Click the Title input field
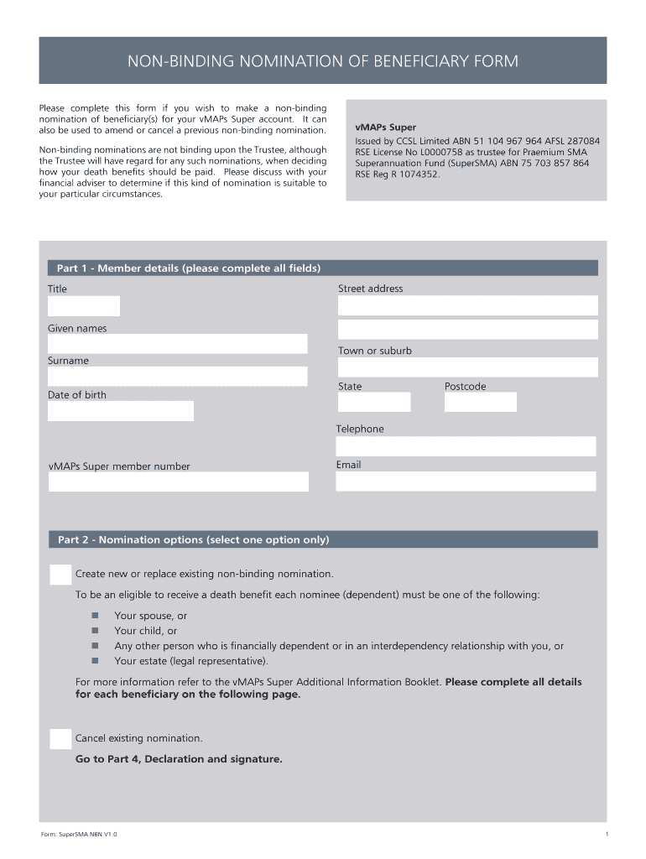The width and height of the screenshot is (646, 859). (84, 306)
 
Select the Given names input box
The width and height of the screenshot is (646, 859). (178, 344)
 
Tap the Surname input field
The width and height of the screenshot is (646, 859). (178, 376)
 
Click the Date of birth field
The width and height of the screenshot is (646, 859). (120, 411)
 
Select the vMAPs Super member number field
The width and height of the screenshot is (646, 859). (178, 482)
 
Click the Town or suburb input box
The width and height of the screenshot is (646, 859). (467, 367)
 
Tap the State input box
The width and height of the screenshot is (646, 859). (374, 403)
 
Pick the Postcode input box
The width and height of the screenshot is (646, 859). (480, 403)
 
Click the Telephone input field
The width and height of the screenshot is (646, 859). (466, 446)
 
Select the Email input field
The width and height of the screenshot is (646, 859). (466, 482)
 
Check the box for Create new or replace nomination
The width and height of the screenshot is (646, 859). (60, 575)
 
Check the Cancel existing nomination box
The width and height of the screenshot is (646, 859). (60, 739)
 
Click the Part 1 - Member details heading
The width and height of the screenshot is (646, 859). (189, 268)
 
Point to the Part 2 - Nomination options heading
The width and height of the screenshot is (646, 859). (193, 540)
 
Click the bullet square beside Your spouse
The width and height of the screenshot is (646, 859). (96, 616)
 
